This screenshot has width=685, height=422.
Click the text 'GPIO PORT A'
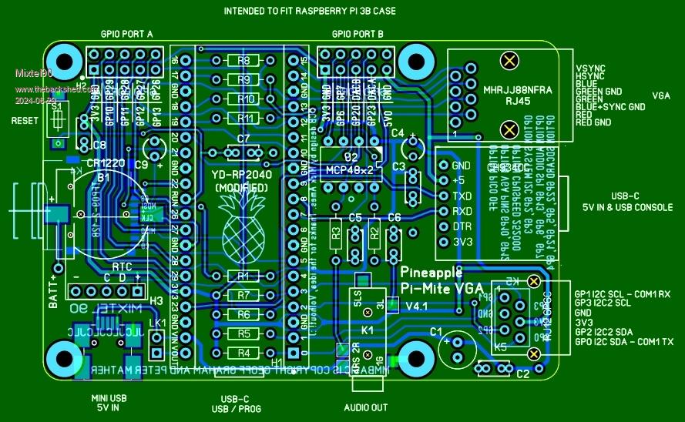pyautogui.click(x=127, y=35)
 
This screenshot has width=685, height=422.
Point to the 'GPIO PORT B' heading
pyautogui.click(x=358, y=35)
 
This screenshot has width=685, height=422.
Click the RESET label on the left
pyautogui.click(x=25, y=121)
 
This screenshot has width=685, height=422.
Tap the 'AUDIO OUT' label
pyautogui.click(x=365, y=407)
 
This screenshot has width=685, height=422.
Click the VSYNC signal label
pyautogui.click(x=590, y=69)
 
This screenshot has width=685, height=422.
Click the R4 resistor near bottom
pyautogui.click(x=244, y=353)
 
